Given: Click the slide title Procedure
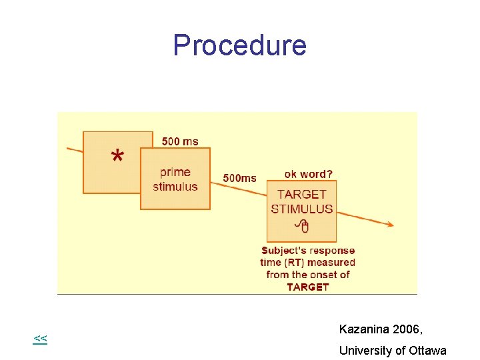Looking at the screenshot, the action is point(239,45).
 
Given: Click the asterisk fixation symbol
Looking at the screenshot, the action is point(117,157).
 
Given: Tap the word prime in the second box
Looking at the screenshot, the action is point(175,172).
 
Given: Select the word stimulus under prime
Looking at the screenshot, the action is point(175,186).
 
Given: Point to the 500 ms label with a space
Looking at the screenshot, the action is point(180,141).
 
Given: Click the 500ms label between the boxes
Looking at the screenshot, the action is point(239,178).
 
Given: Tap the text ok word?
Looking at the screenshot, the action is point(309,174).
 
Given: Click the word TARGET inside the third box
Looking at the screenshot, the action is point(302,195).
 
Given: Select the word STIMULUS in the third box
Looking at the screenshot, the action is point(302,209).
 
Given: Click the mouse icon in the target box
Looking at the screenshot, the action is point(302,226).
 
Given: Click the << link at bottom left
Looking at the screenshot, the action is point(40,339).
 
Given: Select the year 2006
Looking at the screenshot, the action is point(407,329).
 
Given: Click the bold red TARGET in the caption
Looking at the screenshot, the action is point(308,287).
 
